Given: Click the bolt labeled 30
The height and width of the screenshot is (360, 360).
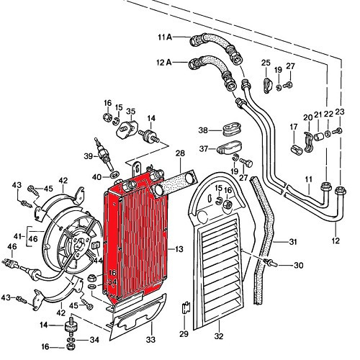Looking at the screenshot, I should tap(273, 265).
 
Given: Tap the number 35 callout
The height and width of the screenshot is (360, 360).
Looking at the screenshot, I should tap(130, 112).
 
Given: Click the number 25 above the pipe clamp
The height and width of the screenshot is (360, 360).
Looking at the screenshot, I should tap(265, 63).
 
